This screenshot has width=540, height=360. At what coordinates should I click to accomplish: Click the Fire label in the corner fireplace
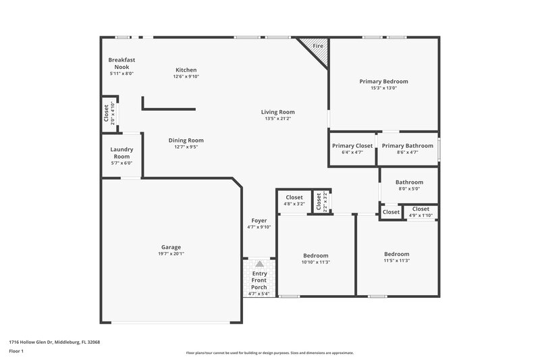tap(317, 45)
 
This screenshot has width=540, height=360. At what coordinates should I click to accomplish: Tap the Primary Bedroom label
tap(383, 81)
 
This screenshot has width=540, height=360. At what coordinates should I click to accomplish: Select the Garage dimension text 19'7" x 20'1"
tap(171, 254)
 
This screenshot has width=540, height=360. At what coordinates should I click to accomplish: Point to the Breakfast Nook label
tap(122, 63)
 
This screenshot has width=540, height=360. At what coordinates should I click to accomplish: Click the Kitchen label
tap(186, 70)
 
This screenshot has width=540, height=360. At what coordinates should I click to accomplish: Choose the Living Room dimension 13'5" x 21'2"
tap(278, 119)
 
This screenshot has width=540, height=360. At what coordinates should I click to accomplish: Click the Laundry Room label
tap(122, 153)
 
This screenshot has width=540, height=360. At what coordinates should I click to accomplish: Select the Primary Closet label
tap(352, 145)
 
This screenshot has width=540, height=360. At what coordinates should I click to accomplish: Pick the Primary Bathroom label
tap(407, 145)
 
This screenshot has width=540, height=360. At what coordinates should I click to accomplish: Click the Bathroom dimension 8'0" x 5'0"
tap(409, 189)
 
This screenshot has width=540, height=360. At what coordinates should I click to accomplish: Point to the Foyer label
tap(259, 220)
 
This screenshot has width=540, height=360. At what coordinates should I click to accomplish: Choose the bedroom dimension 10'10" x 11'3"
tap(316, 262)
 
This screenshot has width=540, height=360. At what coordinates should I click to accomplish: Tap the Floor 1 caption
tap(16, 352)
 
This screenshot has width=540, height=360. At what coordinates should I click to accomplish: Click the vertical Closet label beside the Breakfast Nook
tap(106, 113)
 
